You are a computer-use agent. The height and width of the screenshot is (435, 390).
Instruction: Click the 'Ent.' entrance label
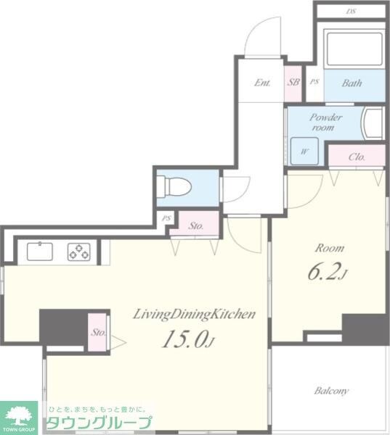click(262, 83)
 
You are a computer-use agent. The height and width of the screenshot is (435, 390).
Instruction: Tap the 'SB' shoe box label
click(293, 83)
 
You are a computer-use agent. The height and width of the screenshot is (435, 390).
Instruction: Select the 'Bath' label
click(352, 83)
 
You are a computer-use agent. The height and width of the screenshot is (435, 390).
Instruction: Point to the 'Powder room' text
click(325, 122)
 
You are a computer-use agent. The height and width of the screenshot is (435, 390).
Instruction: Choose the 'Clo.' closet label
click(356, 157)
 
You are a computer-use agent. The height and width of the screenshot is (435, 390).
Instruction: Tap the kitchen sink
click(40, 252)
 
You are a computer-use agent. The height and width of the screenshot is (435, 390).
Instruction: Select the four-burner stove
click(78, 252)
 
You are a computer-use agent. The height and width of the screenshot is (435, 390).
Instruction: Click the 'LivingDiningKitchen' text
click(193, 314)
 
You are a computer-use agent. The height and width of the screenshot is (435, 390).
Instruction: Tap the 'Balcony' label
click(331, 391)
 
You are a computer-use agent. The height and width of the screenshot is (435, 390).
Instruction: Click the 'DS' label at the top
click(351, 12)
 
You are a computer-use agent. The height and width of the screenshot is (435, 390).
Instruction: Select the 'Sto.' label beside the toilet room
click(195, 225)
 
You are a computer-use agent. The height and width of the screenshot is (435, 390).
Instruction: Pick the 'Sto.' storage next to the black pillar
click(98, 333)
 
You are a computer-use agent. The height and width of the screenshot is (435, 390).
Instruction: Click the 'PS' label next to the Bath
click(314, 83)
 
